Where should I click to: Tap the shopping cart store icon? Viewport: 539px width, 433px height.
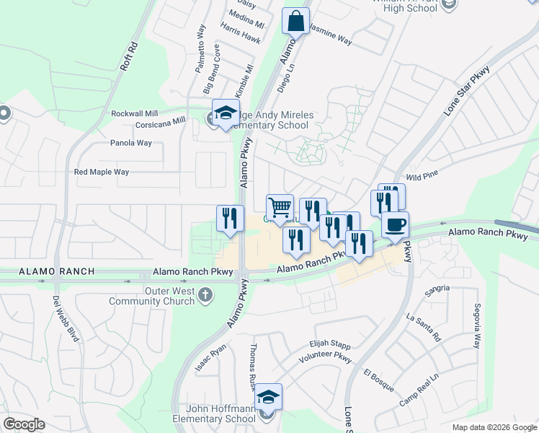coord(280,208)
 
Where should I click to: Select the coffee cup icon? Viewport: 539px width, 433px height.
coord(395,225)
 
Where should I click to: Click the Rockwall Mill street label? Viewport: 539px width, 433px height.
coord(134,114)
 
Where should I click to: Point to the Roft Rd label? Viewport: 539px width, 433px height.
coord(129,56)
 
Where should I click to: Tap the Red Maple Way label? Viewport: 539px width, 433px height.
coord(102,172)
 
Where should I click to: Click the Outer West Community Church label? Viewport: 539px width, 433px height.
coord(170,296)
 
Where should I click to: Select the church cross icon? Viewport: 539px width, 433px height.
coord(206,294)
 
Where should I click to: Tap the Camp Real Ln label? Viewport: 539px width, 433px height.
coord(419,390)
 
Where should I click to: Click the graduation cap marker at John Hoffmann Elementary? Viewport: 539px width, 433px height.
coord(268,397)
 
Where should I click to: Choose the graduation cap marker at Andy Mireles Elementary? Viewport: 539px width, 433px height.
coord(225,113)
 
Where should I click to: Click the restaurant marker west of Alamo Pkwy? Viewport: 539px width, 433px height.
coord(227,219)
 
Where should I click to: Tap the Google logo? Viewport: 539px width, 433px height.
coord(24,424)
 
